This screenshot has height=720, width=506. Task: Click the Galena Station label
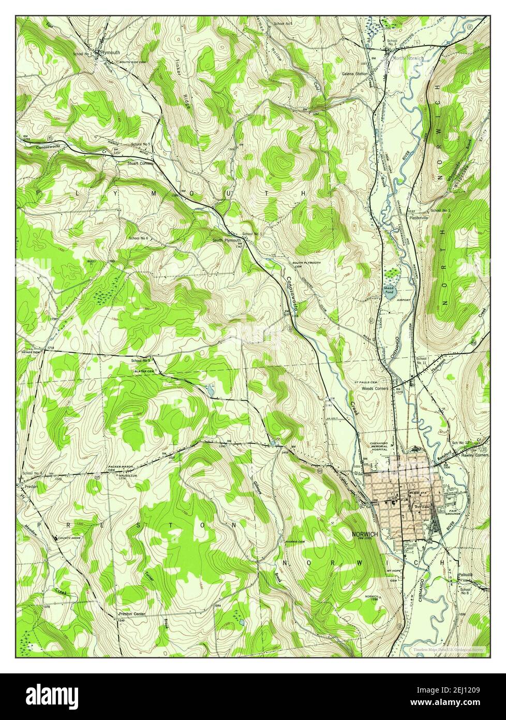[354, 74]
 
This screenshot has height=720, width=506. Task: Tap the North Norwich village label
[407, 59]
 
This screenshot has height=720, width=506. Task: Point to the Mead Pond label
[389, 289]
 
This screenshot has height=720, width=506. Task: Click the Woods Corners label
[375, 388]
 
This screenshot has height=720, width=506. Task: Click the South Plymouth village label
[226, 241]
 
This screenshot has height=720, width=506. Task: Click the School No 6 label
[138, 238]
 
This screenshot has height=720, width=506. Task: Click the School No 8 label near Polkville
[466, 591]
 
